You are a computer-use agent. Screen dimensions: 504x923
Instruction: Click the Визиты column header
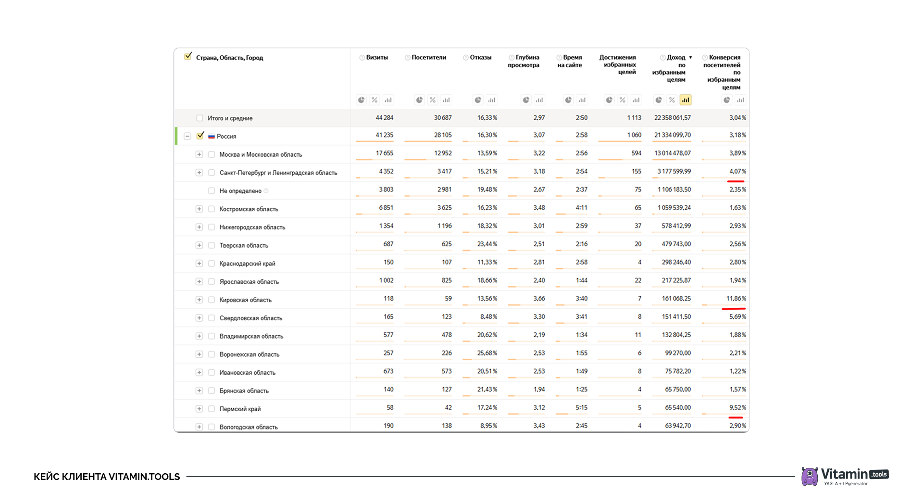[377, 58]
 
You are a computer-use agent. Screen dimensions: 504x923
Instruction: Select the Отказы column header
[480, 58]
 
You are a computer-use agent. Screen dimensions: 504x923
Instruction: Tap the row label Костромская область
[249, 209]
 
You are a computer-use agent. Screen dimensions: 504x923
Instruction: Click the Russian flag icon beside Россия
[212, 137]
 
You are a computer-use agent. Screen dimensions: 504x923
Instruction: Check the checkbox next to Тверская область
[212, 245]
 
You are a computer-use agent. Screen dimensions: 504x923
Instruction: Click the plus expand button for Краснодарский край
[199, 264]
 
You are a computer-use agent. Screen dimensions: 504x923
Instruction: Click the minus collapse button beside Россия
[187, 136]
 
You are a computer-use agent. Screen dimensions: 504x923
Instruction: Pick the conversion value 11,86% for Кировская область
[736, 299]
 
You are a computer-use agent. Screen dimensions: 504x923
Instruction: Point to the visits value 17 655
[385, 153]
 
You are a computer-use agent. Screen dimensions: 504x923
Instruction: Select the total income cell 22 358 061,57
[672, 118]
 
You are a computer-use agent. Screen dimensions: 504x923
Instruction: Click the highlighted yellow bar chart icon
[685, 100]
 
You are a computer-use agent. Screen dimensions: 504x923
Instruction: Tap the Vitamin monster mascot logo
[810, 476]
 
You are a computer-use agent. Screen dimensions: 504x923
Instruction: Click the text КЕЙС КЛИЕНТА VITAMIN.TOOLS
[107, 477]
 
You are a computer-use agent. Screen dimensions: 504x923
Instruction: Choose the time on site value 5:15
[581, 408]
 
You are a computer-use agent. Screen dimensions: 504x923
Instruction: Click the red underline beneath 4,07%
[736, 181]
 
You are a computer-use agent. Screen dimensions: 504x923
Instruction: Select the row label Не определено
[240, 191]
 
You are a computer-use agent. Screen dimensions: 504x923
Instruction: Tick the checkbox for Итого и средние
[200, 118]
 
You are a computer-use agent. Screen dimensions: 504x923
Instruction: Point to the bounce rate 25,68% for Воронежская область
[487, 353]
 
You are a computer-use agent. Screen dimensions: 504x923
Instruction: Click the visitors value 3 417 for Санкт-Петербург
[444, 172]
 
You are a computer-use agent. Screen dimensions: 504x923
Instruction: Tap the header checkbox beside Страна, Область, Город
[188, 57]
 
